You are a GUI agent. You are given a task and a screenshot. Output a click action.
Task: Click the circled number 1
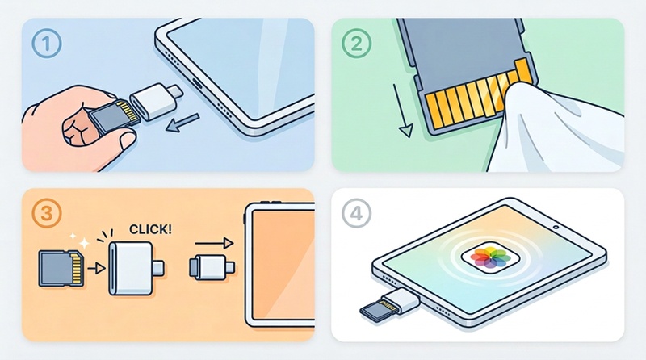[x=47, y=44]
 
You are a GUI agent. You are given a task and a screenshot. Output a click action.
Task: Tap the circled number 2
[x=356, y=44]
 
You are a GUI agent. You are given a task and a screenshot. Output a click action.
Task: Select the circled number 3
[x=47, y=213]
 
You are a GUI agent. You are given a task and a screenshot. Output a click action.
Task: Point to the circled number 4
[x=356, y=213]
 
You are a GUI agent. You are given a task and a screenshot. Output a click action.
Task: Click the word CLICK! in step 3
[x=150, y=229]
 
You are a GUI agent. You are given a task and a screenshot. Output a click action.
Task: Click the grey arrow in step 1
[x=182, y=123]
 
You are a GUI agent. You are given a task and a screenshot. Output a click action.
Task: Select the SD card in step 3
[x=61, y=269]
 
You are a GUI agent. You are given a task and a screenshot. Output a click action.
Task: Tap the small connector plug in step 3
[x=212, y=267]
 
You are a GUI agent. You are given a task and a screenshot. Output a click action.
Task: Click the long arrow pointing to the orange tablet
[x=214, y=243]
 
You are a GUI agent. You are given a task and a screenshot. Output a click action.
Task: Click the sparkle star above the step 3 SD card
[x=84, y=243]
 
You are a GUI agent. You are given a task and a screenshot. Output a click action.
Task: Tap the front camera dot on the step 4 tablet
[x=556, y=227]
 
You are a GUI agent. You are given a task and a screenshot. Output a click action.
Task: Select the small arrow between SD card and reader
[x=96, y=269]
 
